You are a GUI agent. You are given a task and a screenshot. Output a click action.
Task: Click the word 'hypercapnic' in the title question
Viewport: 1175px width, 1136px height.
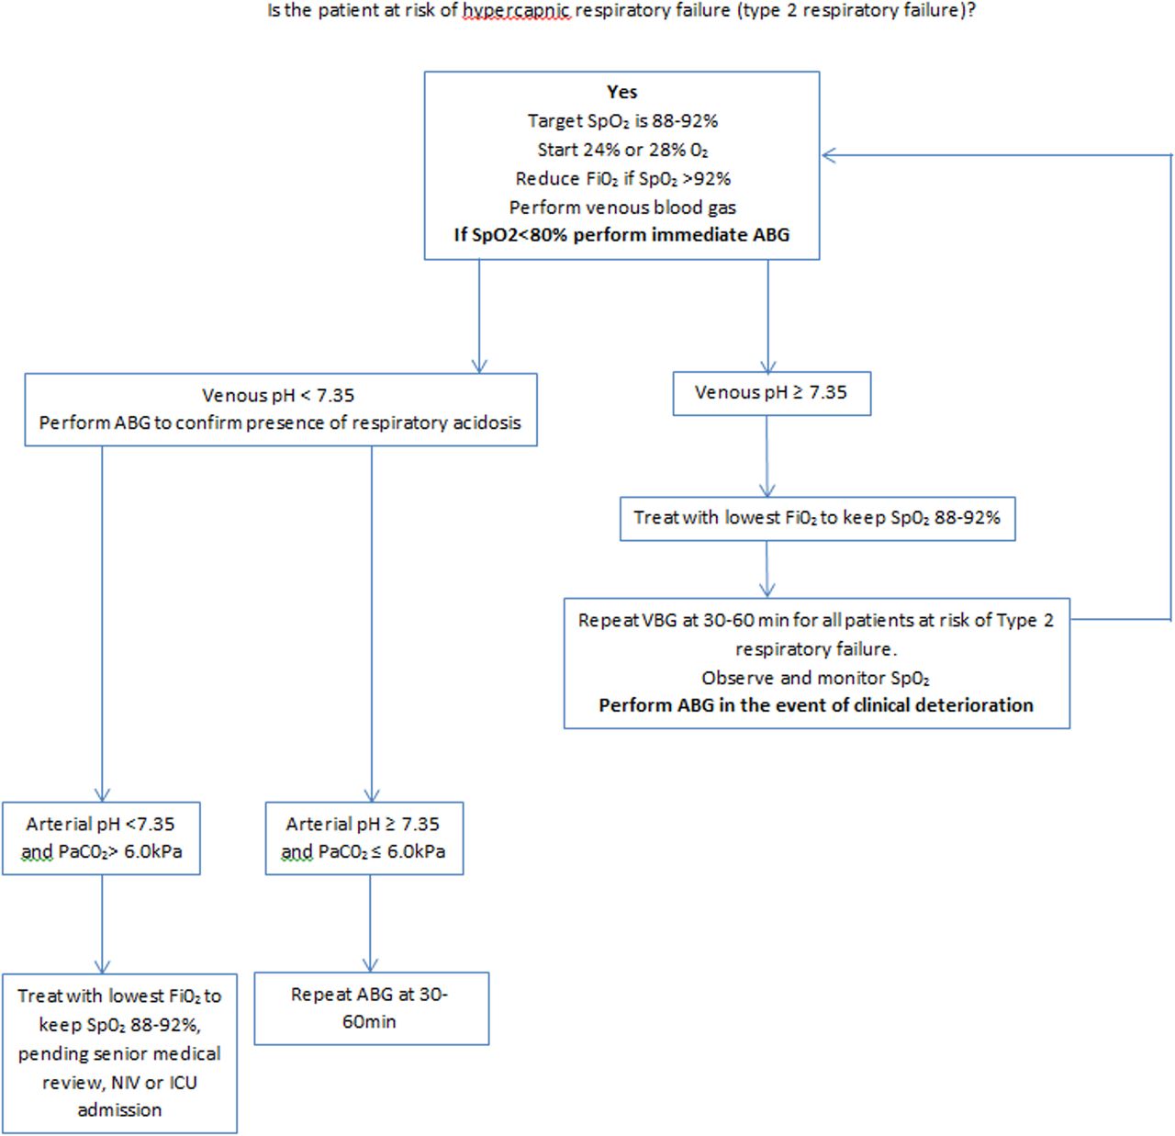(x=516, y=12)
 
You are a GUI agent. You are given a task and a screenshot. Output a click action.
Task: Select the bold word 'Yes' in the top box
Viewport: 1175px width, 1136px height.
(x=621, y=92)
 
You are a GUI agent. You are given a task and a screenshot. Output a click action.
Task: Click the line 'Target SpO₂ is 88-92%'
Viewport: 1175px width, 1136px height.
(x=621, y=121)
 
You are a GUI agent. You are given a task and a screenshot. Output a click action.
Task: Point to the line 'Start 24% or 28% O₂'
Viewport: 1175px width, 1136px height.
(x=621, y=150)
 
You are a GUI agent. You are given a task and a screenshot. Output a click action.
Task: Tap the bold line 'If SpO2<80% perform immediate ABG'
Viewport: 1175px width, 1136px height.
(x=621, y=235)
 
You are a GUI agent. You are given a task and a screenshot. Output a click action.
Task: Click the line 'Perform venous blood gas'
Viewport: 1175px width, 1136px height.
(x=621, y=208)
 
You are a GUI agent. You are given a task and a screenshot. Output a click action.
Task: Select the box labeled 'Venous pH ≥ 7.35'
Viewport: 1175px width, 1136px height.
(x=771, y=393)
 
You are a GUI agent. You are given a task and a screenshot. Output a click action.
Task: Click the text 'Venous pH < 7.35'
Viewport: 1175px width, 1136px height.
(x=278, y=396)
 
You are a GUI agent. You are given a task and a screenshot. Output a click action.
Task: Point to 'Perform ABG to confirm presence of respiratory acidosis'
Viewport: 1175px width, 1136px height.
(x=280, y=423)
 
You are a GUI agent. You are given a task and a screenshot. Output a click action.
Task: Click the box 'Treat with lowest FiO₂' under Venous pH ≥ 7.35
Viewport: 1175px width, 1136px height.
(x=817, y=518)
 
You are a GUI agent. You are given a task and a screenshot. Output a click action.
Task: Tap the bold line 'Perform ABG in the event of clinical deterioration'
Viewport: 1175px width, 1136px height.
(x=816, y=705)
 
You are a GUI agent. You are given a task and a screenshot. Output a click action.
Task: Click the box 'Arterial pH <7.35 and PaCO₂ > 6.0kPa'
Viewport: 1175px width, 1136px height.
(x=101, y=838)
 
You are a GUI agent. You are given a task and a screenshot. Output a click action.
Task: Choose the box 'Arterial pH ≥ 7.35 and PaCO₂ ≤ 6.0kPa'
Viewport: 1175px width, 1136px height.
(x=364, y=838)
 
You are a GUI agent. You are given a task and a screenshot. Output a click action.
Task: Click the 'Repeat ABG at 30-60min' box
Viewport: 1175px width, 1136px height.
(x=371, y=1007)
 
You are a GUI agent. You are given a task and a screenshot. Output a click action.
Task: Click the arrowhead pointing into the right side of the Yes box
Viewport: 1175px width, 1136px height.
(x=829, y=155)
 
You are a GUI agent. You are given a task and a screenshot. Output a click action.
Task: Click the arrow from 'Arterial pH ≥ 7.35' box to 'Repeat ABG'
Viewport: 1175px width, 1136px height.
(x=371, y=922)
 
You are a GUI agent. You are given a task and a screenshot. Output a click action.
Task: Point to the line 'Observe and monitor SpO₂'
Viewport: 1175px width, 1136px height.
(x=816, y=679)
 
